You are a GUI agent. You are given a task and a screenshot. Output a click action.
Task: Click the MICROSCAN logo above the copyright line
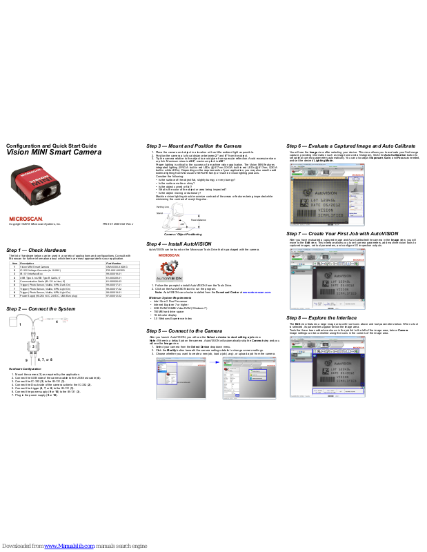tap(26, 218)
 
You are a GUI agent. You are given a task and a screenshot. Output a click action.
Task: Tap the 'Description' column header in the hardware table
tap(28, 264)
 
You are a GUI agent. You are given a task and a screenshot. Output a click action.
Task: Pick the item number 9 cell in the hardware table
tap(15, 296)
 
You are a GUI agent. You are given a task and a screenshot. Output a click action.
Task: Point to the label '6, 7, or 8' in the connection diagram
tap(44, 359)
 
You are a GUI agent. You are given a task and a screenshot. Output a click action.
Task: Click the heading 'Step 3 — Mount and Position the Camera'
tap(194, 146)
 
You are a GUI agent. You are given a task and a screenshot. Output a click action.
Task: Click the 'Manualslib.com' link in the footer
tap(69, 546)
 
